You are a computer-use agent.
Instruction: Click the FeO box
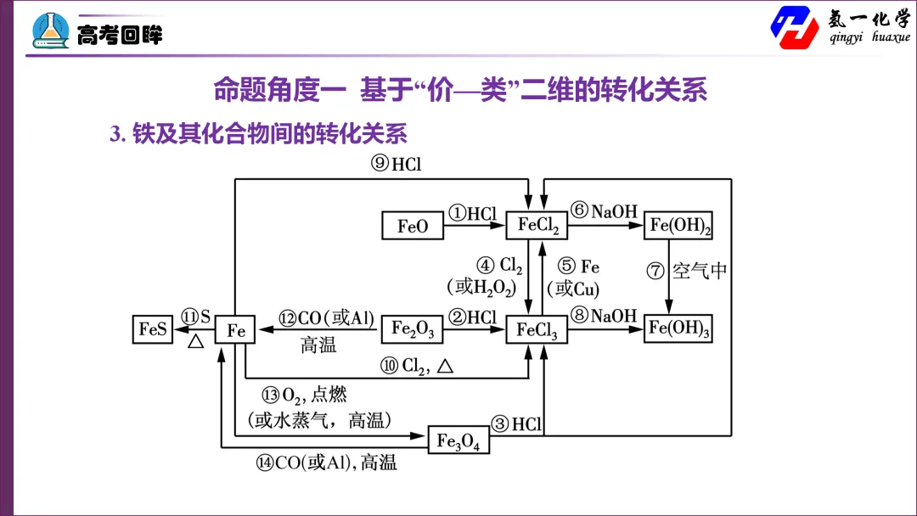pos(413,226)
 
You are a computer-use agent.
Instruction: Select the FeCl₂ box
pos(537,225)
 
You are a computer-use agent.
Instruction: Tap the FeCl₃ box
pos(537,329)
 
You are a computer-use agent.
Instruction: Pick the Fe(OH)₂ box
pos(678,225)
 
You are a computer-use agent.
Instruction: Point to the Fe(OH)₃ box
pos(678,328)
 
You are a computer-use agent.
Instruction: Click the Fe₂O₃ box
pos(413,329)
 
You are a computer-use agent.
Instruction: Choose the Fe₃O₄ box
pos(458,440)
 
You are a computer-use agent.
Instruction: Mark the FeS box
pos(153,329)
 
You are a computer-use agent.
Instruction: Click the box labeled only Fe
pos(235,329)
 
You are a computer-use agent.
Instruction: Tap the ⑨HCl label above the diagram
pos(396,164)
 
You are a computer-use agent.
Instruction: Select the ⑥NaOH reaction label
pos(604,210)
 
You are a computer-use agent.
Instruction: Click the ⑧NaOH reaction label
pos(604,316)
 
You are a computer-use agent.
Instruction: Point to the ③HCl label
pos(516,423)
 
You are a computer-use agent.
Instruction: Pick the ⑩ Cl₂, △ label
pos(417,367)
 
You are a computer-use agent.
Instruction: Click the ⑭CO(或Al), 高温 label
pos(327,463)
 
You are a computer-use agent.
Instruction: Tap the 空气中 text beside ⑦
pos(700,271)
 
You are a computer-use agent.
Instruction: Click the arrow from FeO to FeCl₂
pos(475,225)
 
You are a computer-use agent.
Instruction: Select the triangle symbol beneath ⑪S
pos(196,340)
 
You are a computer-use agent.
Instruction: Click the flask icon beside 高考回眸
pos(51,31)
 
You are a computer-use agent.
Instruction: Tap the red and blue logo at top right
pos(795,27)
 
